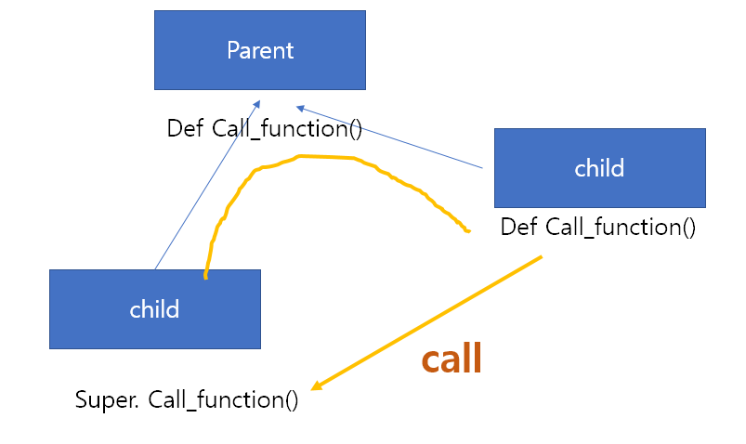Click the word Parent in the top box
pyautogui.click(x=260, y=50)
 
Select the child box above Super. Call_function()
pyautogui.click(x=155, y=309)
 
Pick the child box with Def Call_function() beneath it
pyautogui.click(x=600, y=168)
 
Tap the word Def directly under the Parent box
pyautogui.click(x=185, y=128)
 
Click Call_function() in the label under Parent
pyautogui.click(x=287, y=129)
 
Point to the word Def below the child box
pyautogui.click(x=519, y=227)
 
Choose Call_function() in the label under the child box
pyautogui.click(x=621, y=228)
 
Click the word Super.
pyautogui.click(x=107, y=399)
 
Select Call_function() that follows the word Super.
pyautogui.click(x=223, y=399)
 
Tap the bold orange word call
pyautogui.click(x=452, y=359)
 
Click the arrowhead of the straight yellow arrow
pyautogui.click(x=316, y=386)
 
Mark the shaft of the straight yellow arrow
pyautogui.click(x=426, y=323)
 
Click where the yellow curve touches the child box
pyautogui.click(x=205, y=276)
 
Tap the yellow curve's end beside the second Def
pyautogui.click(x=468, y=231)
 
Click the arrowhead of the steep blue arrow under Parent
pyautogui.click(x=257, y=103)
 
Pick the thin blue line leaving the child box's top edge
pyautogui.click(x=207, y=185)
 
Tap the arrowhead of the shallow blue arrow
pyautogui.click(x=300, y=108)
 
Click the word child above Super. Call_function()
pyautogui.click(x=154, y=309)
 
